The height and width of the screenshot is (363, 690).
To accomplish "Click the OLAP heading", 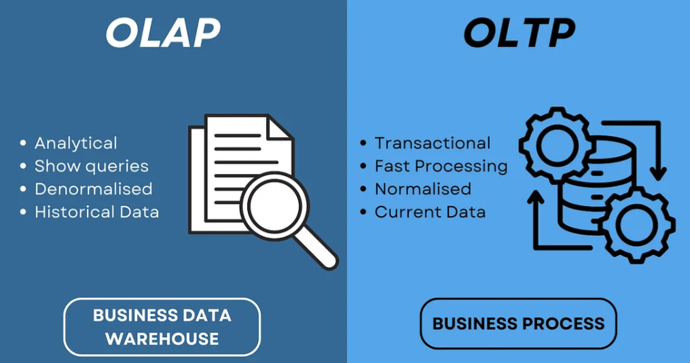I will [x=163, y=32].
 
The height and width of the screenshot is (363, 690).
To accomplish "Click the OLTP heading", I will [x=520, y=32].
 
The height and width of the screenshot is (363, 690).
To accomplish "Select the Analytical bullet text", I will [x=76, y=143].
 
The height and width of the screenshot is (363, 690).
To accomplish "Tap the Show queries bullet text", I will [x=92, y=166].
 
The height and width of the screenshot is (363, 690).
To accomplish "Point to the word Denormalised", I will [x=94, y=189].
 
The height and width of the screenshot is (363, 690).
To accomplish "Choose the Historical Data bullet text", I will [x=97, y=212].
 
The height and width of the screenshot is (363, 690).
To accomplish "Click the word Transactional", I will [x=433, y=143].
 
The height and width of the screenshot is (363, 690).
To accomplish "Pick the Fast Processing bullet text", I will [x=441, y=166].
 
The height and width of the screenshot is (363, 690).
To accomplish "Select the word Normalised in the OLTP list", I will [x=423, y=189].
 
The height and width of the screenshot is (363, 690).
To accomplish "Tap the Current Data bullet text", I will [x=431, y=212].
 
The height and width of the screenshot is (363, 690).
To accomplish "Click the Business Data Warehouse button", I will [x=162, y=327].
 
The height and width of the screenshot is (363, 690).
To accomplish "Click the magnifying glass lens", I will [x=274, y=205].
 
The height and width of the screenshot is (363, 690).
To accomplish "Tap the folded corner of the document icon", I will [x=280, y=128].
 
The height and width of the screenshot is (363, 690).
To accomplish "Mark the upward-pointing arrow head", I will [x=537, y=197].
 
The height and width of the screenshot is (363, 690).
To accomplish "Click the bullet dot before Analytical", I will [x=23, y=143].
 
